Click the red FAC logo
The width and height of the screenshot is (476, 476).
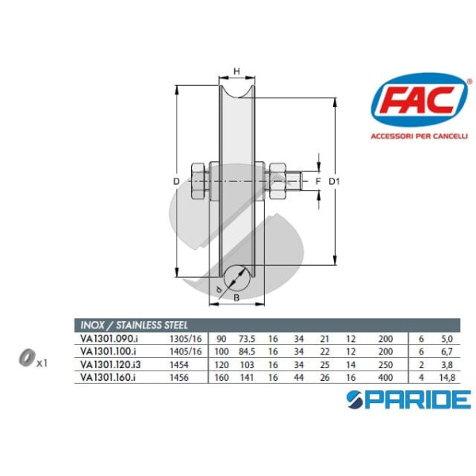[x=420, y=100]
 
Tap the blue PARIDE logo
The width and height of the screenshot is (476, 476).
[x=409, y=400]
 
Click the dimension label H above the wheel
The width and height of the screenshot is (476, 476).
[x=236, y=71]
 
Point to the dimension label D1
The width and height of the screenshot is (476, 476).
[x=334, y=182]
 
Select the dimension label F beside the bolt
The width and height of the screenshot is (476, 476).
[x=318, y=182]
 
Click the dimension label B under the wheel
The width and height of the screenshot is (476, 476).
[x=236, y=297]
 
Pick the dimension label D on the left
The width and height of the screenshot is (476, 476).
[x=176, y=182]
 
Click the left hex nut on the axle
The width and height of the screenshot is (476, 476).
[x=200, y=181]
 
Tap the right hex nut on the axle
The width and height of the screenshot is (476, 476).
[x=278, y=181]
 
